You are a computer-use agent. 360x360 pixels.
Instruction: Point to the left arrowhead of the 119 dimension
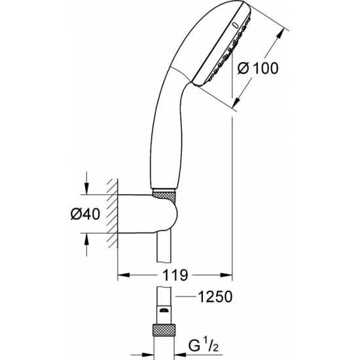click(x=121, y=274)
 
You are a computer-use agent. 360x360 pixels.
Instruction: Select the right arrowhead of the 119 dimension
click(x=230, y=274)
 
